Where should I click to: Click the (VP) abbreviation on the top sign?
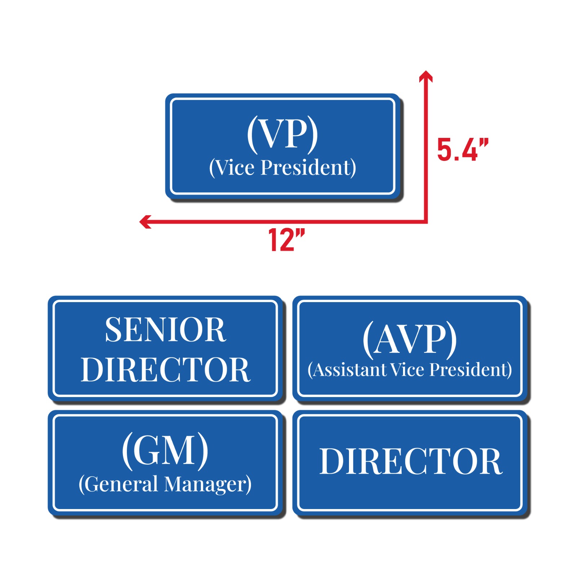coord(282,134)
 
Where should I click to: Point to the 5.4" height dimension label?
coord(462,149)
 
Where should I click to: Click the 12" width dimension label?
coord(286,240)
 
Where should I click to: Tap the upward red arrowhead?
coord(426,76)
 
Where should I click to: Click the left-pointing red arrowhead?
coord(145,221)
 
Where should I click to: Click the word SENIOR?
coord(165,330)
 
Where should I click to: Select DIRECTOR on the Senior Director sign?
coord(165,370)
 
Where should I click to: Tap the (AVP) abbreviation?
coord(410,339)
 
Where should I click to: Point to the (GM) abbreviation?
coord(165,451)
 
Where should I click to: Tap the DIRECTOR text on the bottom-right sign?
coord(411,462)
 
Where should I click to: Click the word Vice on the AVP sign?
coord(407,370)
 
